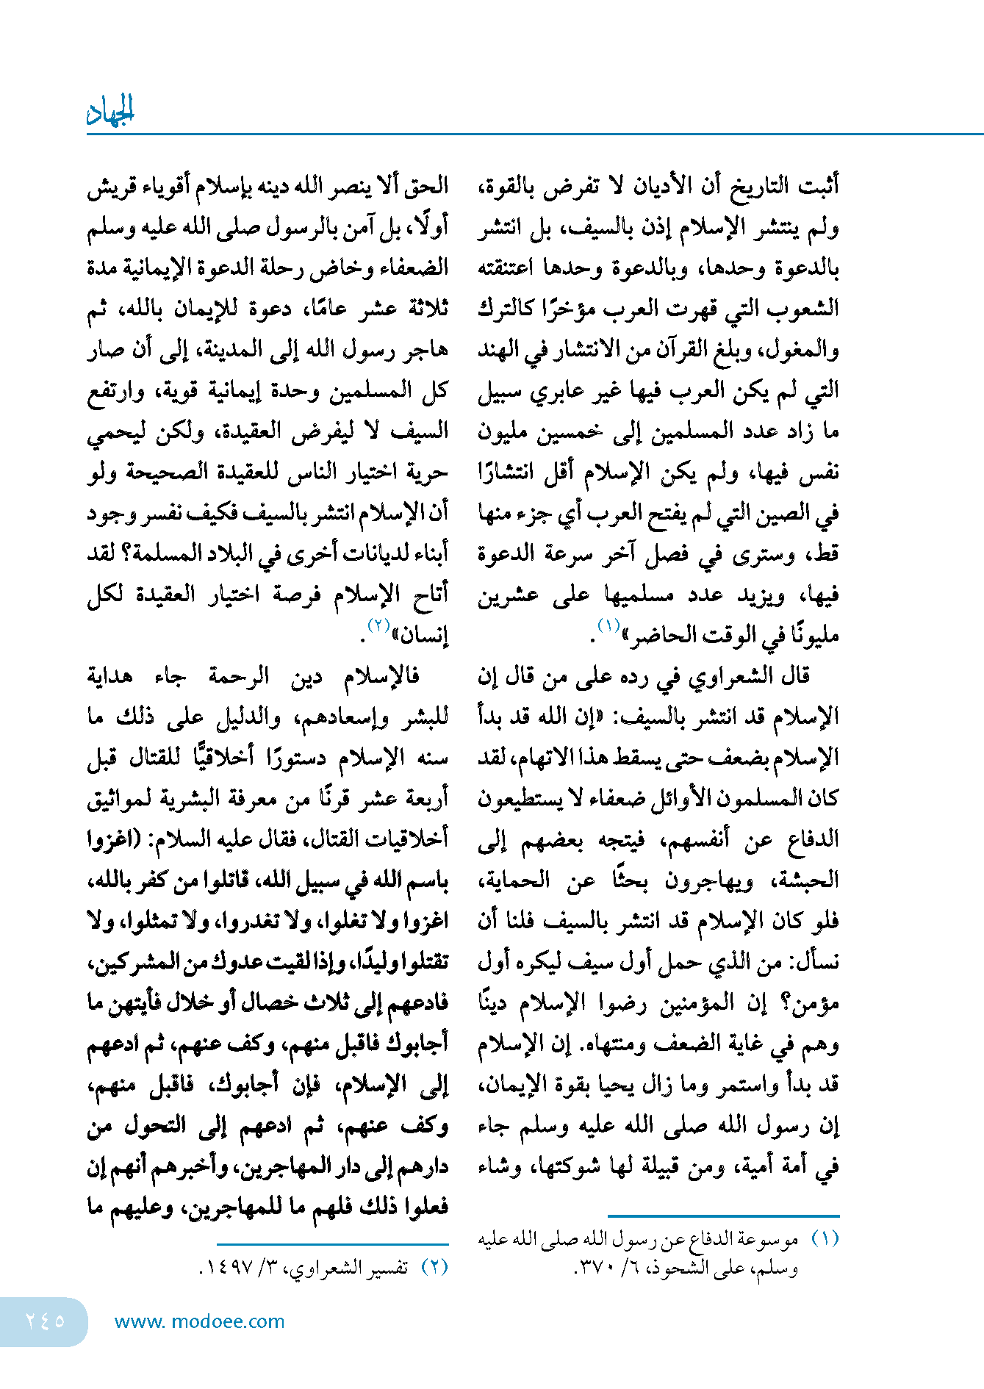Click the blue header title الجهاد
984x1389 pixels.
click(x=111, y=111)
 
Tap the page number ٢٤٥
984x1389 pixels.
click(x=46, y=1321)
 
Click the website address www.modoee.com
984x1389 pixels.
click(x=199, y=1322)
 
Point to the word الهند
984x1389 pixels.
click(x=498, y=348)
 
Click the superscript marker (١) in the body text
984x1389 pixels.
click(x=609, y=625)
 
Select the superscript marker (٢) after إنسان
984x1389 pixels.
click(x=378, y=625)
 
